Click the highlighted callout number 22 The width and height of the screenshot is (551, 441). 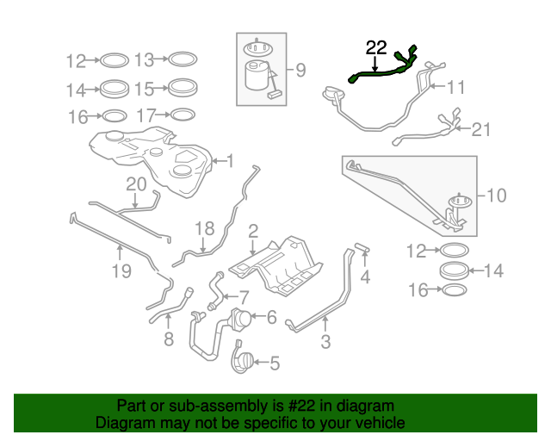click(x=376, y=48)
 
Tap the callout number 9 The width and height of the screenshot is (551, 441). click(x=300, y=70)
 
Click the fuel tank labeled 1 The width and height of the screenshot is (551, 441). click(x=152, y=160)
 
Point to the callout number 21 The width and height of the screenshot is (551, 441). click(x=480, y=130)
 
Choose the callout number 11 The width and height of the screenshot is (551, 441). click(x=455, y=87)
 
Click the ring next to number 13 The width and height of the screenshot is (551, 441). click(x=183, y=59)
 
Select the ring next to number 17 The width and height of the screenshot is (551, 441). click(x=183, y=115)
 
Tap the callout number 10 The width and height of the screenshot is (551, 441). click(x=496, y=196)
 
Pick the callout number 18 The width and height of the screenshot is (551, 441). click(x=205, y=228)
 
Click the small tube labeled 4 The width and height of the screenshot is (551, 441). click(x=362, y=247)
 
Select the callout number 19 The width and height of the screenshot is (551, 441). click(x=121, y=271)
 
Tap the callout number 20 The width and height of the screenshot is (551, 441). click(x=136, y=184)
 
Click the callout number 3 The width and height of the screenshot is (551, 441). click(x=325, y=341)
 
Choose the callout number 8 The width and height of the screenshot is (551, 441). click(x=169, y=339)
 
